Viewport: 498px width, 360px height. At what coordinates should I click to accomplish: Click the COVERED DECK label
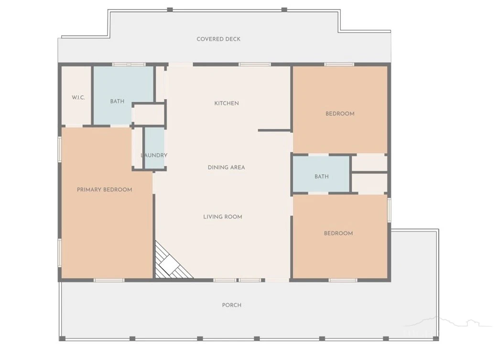click(218, 39)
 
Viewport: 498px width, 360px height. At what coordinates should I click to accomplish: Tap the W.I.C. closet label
click(78, 97)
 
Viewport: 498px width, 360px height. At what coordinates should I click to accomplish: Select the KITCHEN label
click(227, 103)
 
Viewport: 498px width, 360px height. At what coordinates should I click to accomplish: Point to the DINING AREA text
click(227, 167)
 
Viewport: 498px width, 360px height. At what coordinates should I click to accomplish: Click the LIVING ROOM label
click(223, 217)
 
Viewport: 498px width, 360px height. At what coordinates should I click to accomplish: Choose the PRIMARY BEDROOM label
click(105, 190)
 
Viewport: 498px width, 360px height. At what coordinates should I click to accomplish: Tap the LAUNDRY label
click(154, 155)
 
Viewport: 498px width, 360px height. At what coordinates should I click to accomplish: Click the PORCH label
click(231, 305)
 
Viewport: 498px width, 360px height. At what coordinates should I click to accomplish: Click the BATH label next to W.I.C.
click(117, 101)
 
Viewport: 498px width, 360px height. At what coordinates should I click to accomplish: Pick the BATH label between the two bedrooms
click(322, 176)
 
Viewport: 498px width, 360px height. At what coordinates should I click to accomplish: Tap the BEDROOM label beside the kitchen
click(340, 114)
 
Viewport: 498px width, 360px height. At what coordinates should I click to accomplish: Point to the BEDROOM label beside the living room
click(338, 233)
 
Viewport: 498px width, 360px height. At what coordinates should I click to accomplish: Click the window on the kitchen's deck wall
click(255, 64)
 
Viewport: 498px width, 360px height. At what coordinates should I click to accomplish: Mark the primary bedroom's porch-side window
click(109, 280)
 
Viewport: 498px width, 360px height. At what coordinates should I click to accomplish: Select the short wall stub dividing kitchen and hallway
click(275, 130)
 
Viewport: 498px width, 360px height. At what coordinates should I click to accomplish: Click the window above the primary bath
click(129, 64)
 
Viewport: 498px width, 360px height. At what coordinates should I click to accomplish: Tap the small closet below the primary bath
click(148, 114)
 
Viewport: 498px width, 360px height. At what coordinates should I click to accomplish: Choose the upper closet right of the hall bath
click(369, 163)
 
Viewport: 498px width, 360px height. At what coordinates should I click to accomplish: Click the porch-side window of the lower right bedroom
click(343, 280)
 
